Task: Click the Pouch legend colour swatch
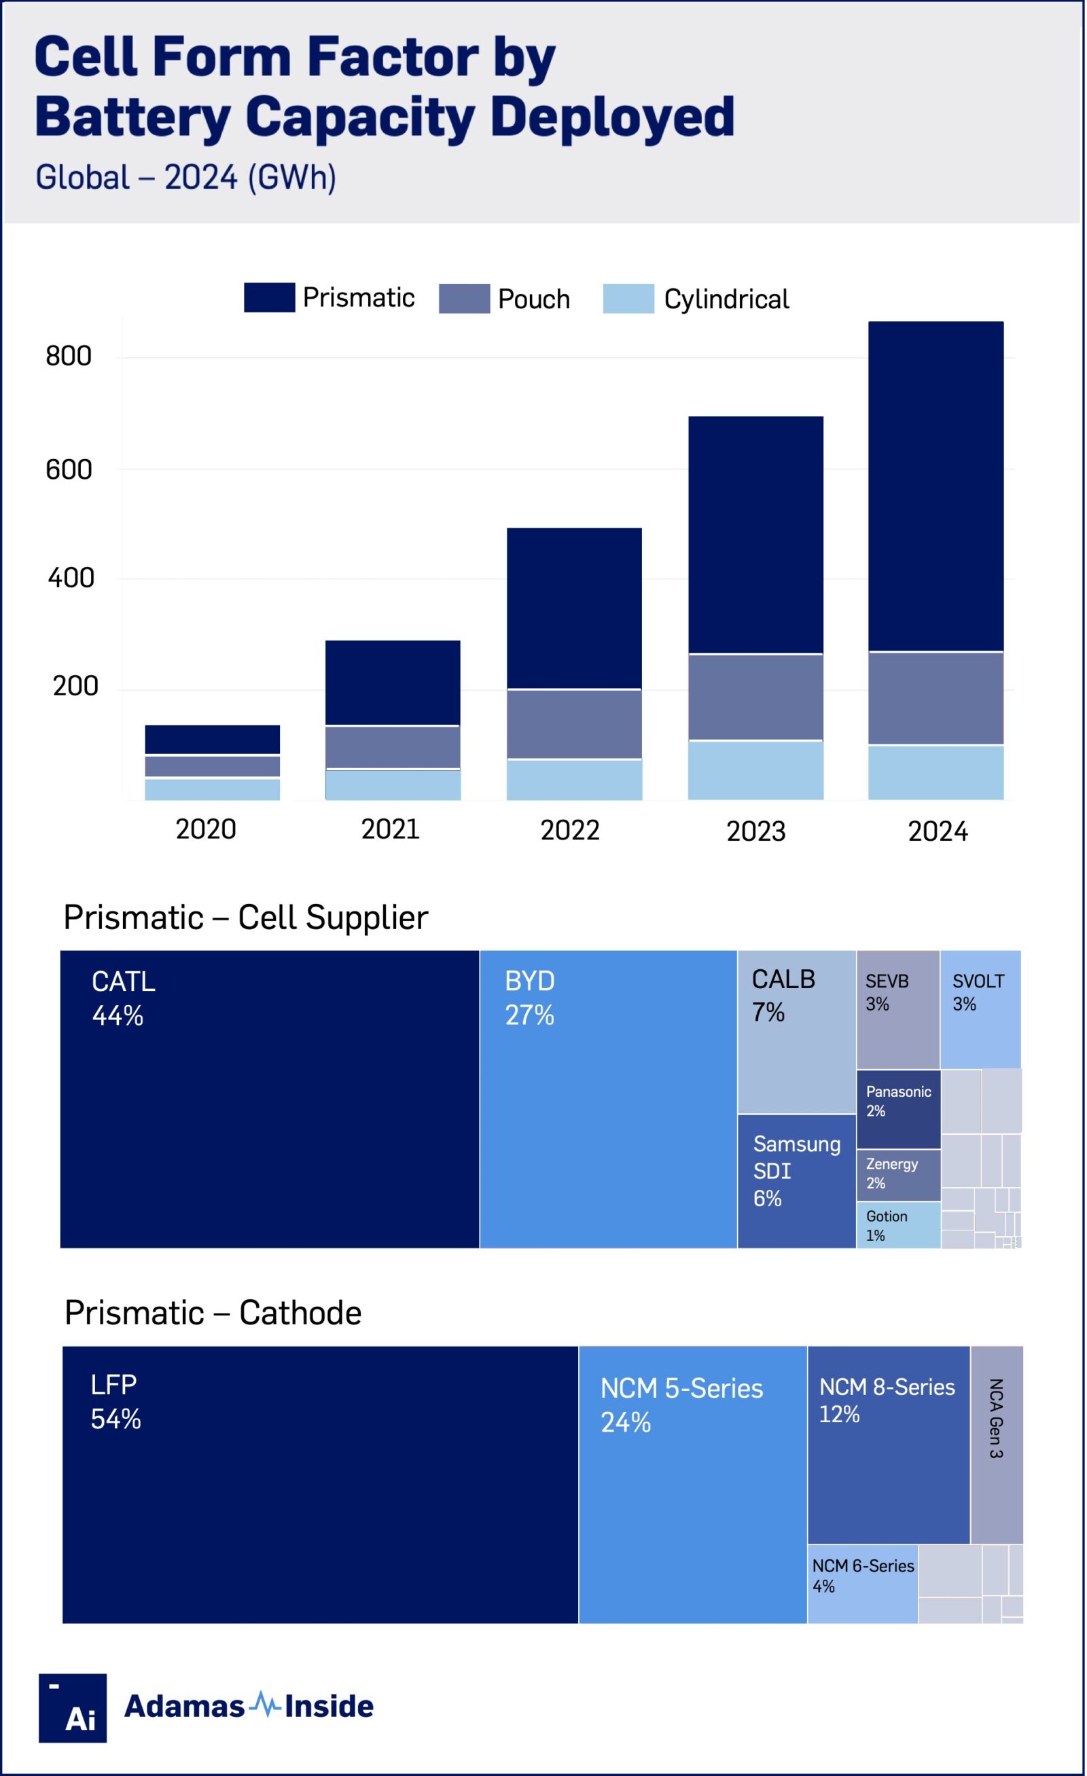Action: (x=464, y=298)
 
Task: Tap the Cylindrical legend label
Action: (x=726, y=299)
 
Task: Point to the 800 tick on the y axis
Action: (x=69, y=356)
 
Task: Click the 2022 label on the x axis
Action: (x=570, y=831)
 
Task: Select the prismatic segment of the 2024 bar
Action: (x=935, y=486)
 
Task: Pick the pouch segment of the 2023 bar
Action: (x=755, y=697)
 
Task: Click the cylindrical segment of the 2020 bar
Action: (x=212, y=789)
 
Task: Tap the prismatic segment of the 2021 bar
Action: (x=393, y=682)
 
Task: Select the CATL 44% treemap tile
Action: (x=270, y=1099)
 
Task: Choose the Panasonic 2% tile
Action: (x=898, y=1109)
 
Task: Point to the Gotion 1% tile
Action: (x=898, y=1225)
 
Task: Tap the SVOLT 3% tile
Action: (x=980, y=1009)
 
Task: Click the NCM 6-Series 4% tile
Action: (x=862, y=1584)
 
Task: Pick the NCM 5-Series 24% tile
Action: (x=692, y=1485)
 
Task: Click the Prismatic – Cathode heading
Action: (x=213, y=1313)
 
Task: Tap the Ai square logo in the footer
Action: (x=73, y=1707)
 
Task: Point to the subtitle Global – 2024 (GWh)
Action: (x=186, y=177)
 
